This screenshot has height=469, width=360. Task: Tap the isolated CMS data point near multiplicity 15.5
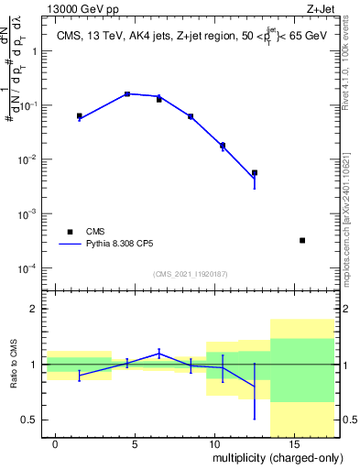click(302, 240)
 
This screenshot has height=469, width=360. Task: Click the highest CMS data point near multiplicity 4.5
click(127, 94)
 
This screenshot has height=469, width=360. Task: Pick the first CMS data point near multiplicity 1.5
click(80, 116)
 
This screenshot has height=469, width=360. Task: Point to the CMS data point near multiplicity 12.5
click(255, 172)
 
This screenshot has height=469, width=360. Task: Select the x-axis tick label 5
click(135, 444)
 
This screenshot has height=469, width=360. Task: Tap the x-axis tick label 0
click(56, 444)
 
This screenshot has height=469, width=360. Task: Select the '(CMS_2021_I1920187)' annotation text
click(190, 274)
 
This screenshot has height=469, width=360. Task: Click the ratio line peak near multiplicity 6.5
click(159, 353)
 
